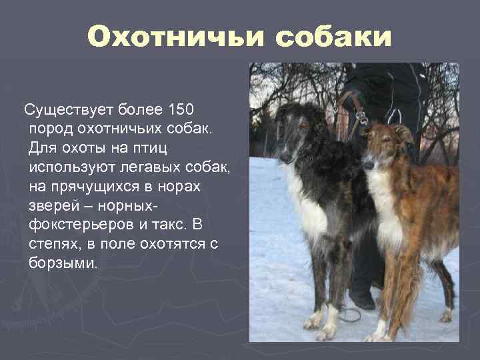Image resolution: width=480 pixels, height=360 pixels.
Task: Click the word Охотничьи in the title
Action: [175, 37]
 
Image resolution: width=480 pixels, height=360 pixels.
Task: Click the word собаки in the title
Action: [333, 37]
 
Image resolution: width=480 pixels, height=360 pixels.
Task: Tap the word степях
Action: [54, 244]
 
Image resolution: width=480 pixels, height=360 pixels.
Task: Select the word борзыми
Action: [63, 263]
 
